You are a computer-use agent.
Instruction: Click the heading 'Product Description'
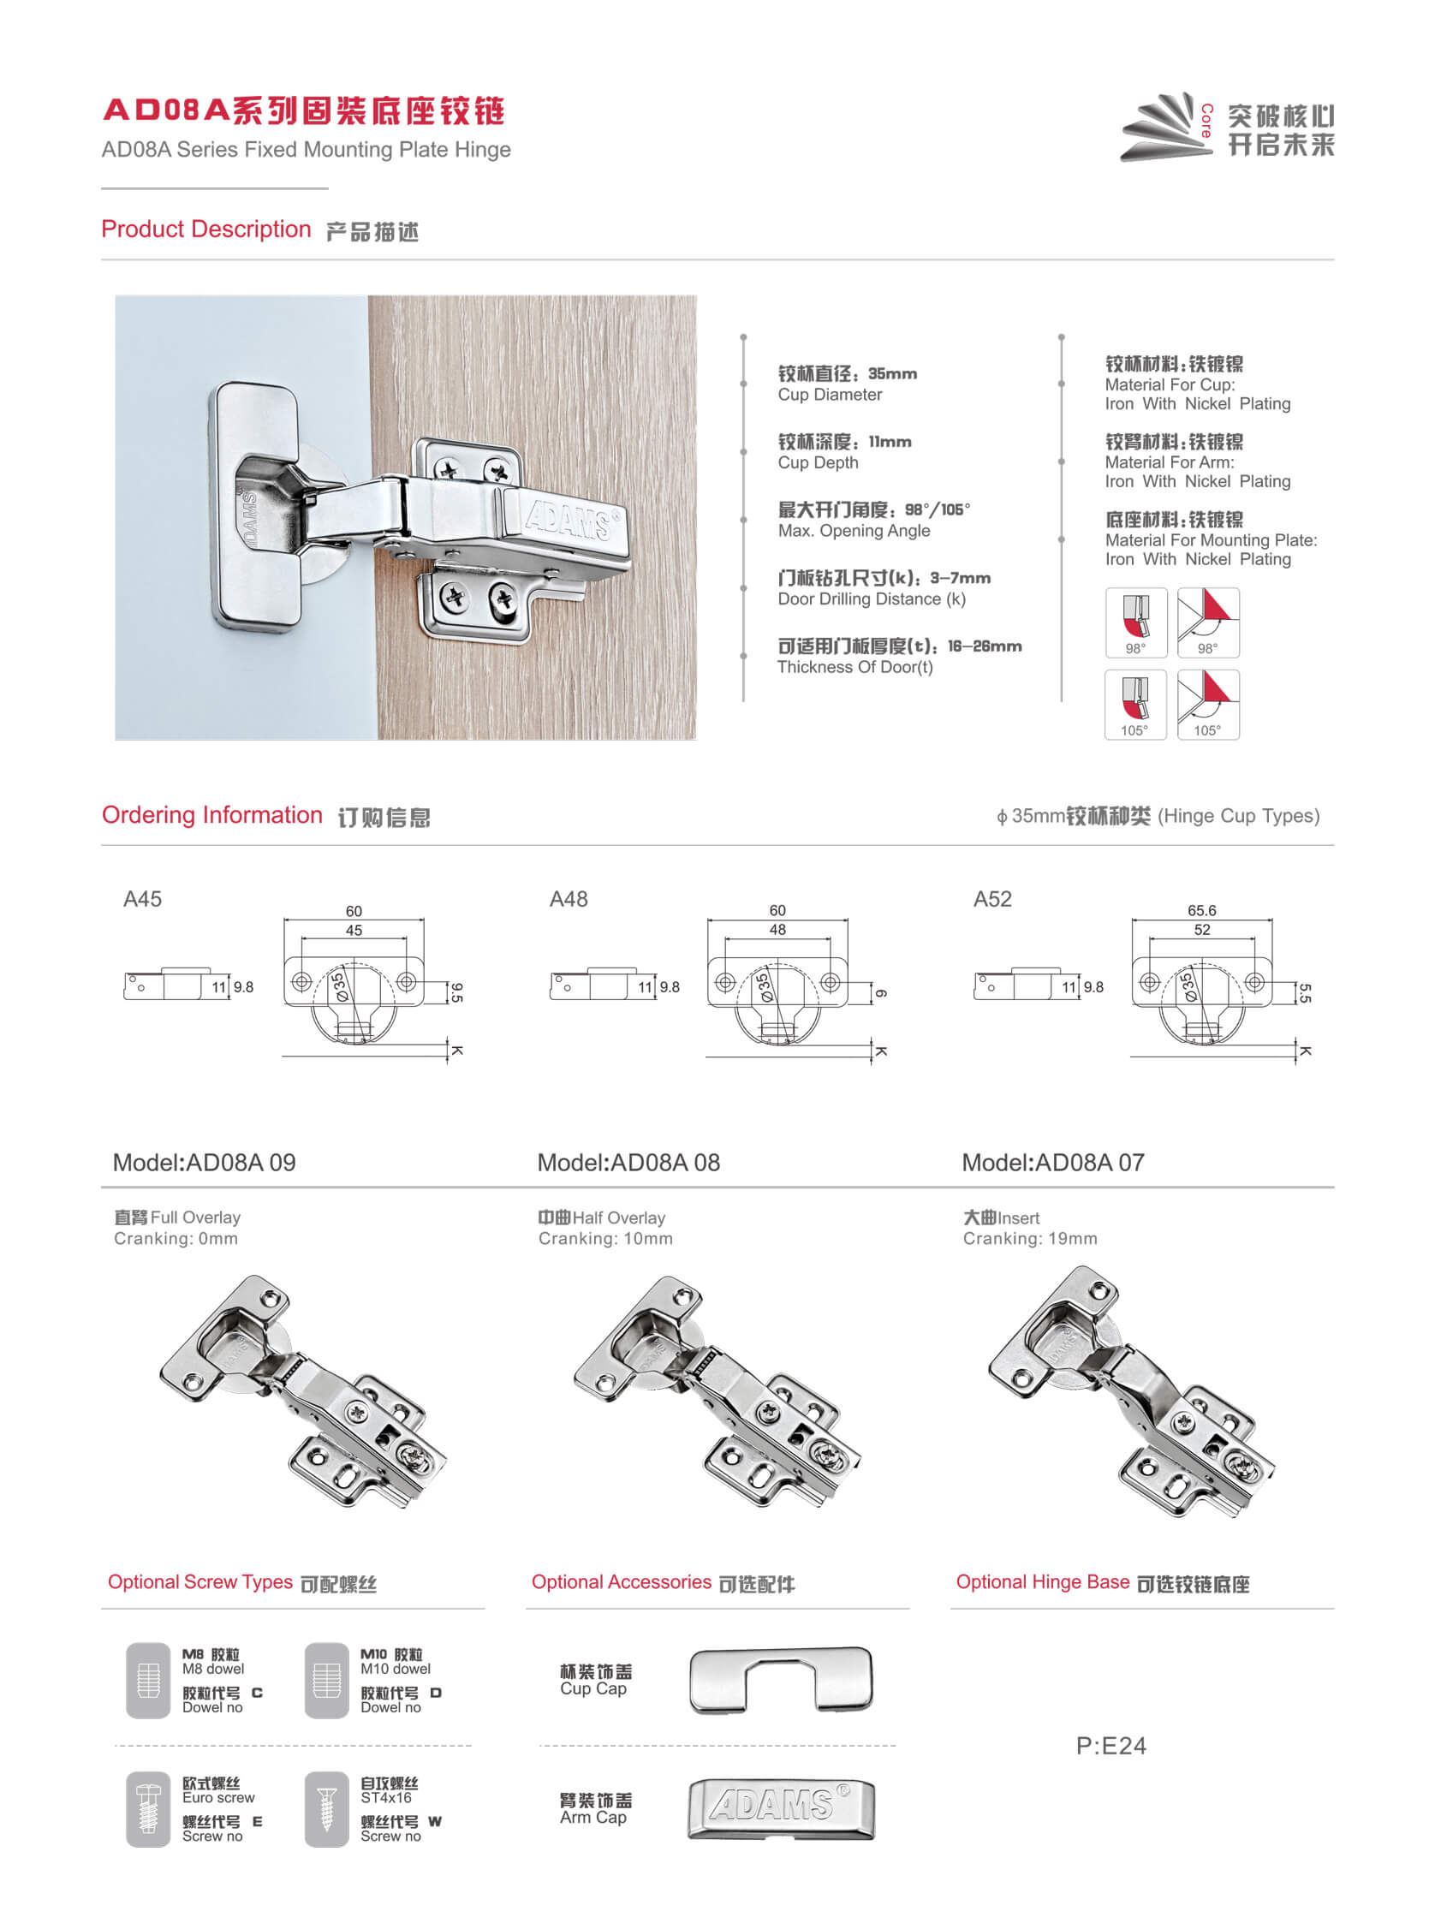click(x=205, y=229)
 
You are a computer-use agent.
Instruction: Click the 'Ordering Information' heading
click(x=211, y=815)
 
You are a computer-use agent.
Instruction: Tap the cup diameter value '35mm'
click(x=892, y=373)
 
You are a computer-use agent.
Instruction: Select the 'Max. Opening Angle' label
click(x=854, y=531)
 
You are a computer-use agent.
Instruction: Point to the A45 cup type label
click(x=142, y=899)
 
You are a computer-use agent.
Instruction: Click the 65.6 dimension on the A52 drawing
click(x=1201, y=911)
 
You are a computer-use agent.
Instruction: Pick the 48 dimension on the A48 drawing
click(x=777, y=930)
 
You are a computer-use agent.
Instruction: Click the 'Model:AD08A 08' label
click(x=628, y=1163)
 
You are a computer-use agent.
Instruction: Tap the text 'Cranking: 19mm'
click(x=1030, y=1239)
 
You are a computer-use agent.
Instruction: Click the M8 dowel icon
click(x=148, y=1681)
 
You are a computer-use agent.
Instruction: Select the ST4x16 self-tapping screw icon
click(x=326, y=1809)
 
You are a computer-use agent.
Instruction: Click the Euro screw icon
click(x=148, y=1809)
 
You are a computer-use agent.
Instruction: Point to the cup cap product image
click(x=781, y=1681)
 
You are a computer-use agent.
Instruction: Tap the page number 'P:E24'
click(x=1111, y=1746)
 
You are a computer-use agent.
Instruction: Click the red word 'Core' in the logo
click(x=1207, y=121)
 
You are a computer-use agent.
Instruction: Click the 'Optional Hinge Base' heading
click(x=1042, y=1582)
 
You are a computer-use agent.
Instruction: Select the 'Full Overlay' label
click(x=195, y=1217)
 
